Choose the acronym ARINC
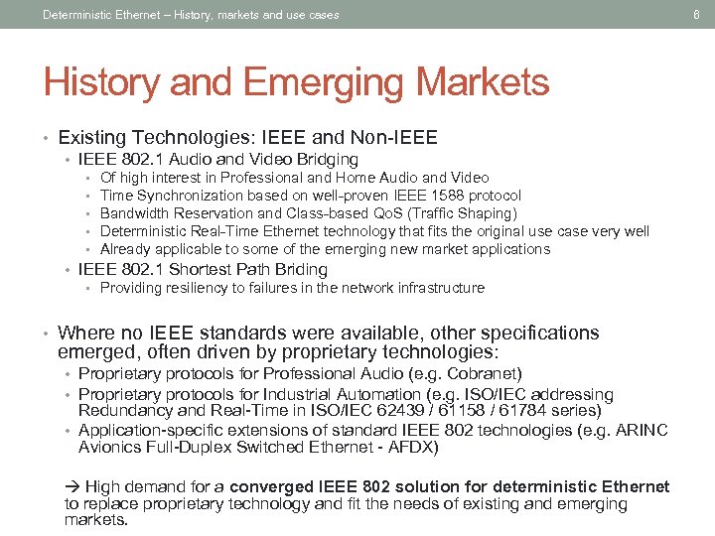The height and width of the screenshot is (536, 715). [x=643, y=430]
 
